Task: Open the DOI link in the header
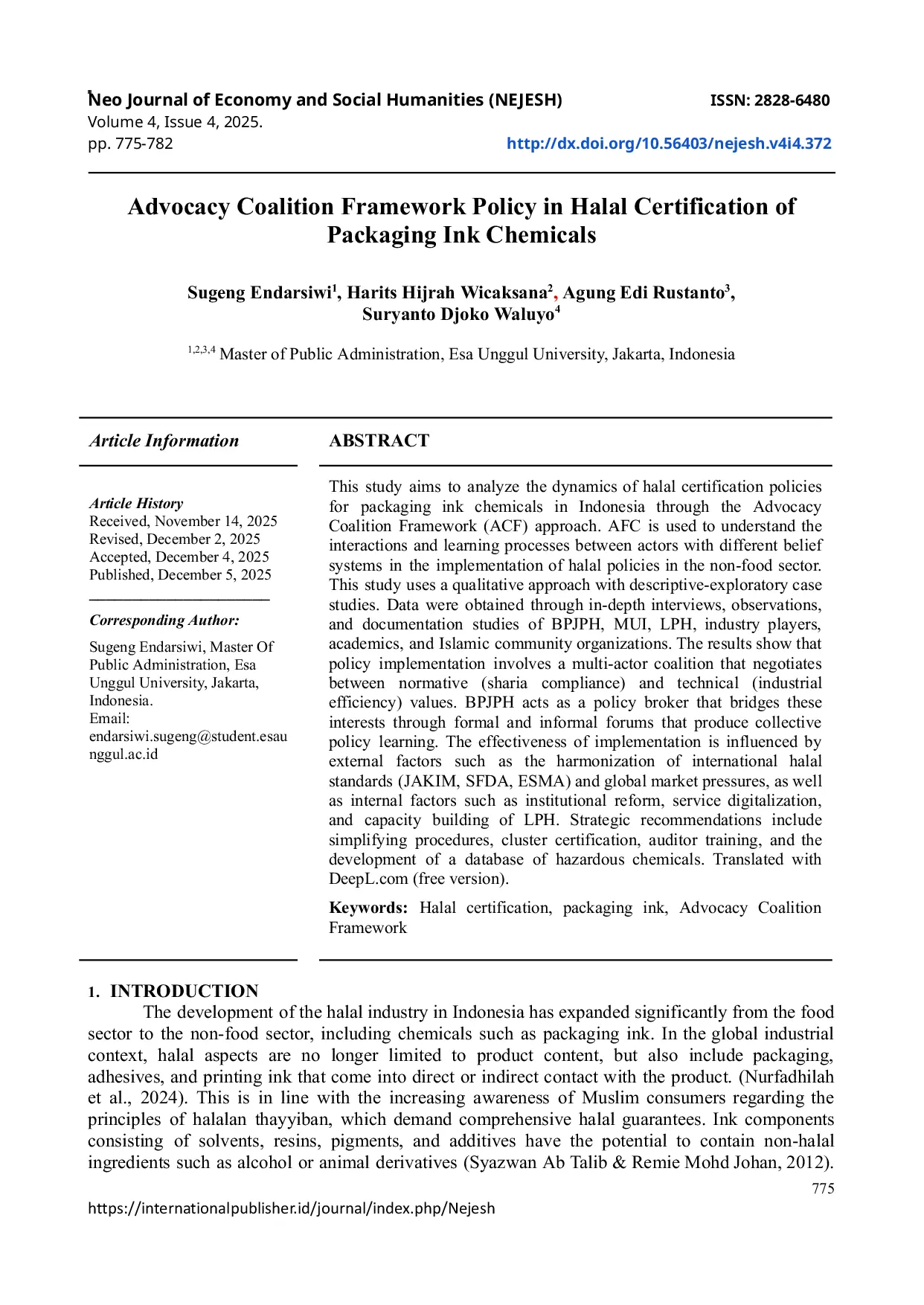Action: click(x=668, y=144)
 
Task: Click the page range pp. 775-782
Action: click(x=130, y=144)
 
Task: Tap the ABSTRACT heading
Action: click(x=379, y=440)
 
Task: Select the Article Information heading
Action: click(x=164, y=440)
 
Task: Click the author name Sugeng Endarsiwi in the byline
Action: click(x=259, y=292)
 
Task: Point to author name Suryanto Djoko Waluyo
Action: click(x=458, y=315)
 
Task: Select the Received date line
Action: click(x=183, y=521)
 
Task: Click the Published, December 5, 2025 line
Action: click(x=180, y=574)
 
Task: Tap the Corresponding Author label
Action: click(x=164, y=620)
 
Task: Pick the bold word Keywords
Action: click(x=368, y=908)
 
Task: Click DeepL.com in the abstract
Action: click(x=368, y=879)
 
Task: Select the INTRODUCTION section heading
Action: click(x=184, y=991)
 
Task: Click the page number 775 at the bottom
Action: click(x=823, y=1188)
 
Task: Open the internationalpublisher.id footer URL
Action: click(x=291, y=1208)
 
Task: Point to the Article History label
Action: click(x=136, y=503)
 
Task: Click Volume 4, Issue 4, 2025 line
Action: click(x=175, y=122)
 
